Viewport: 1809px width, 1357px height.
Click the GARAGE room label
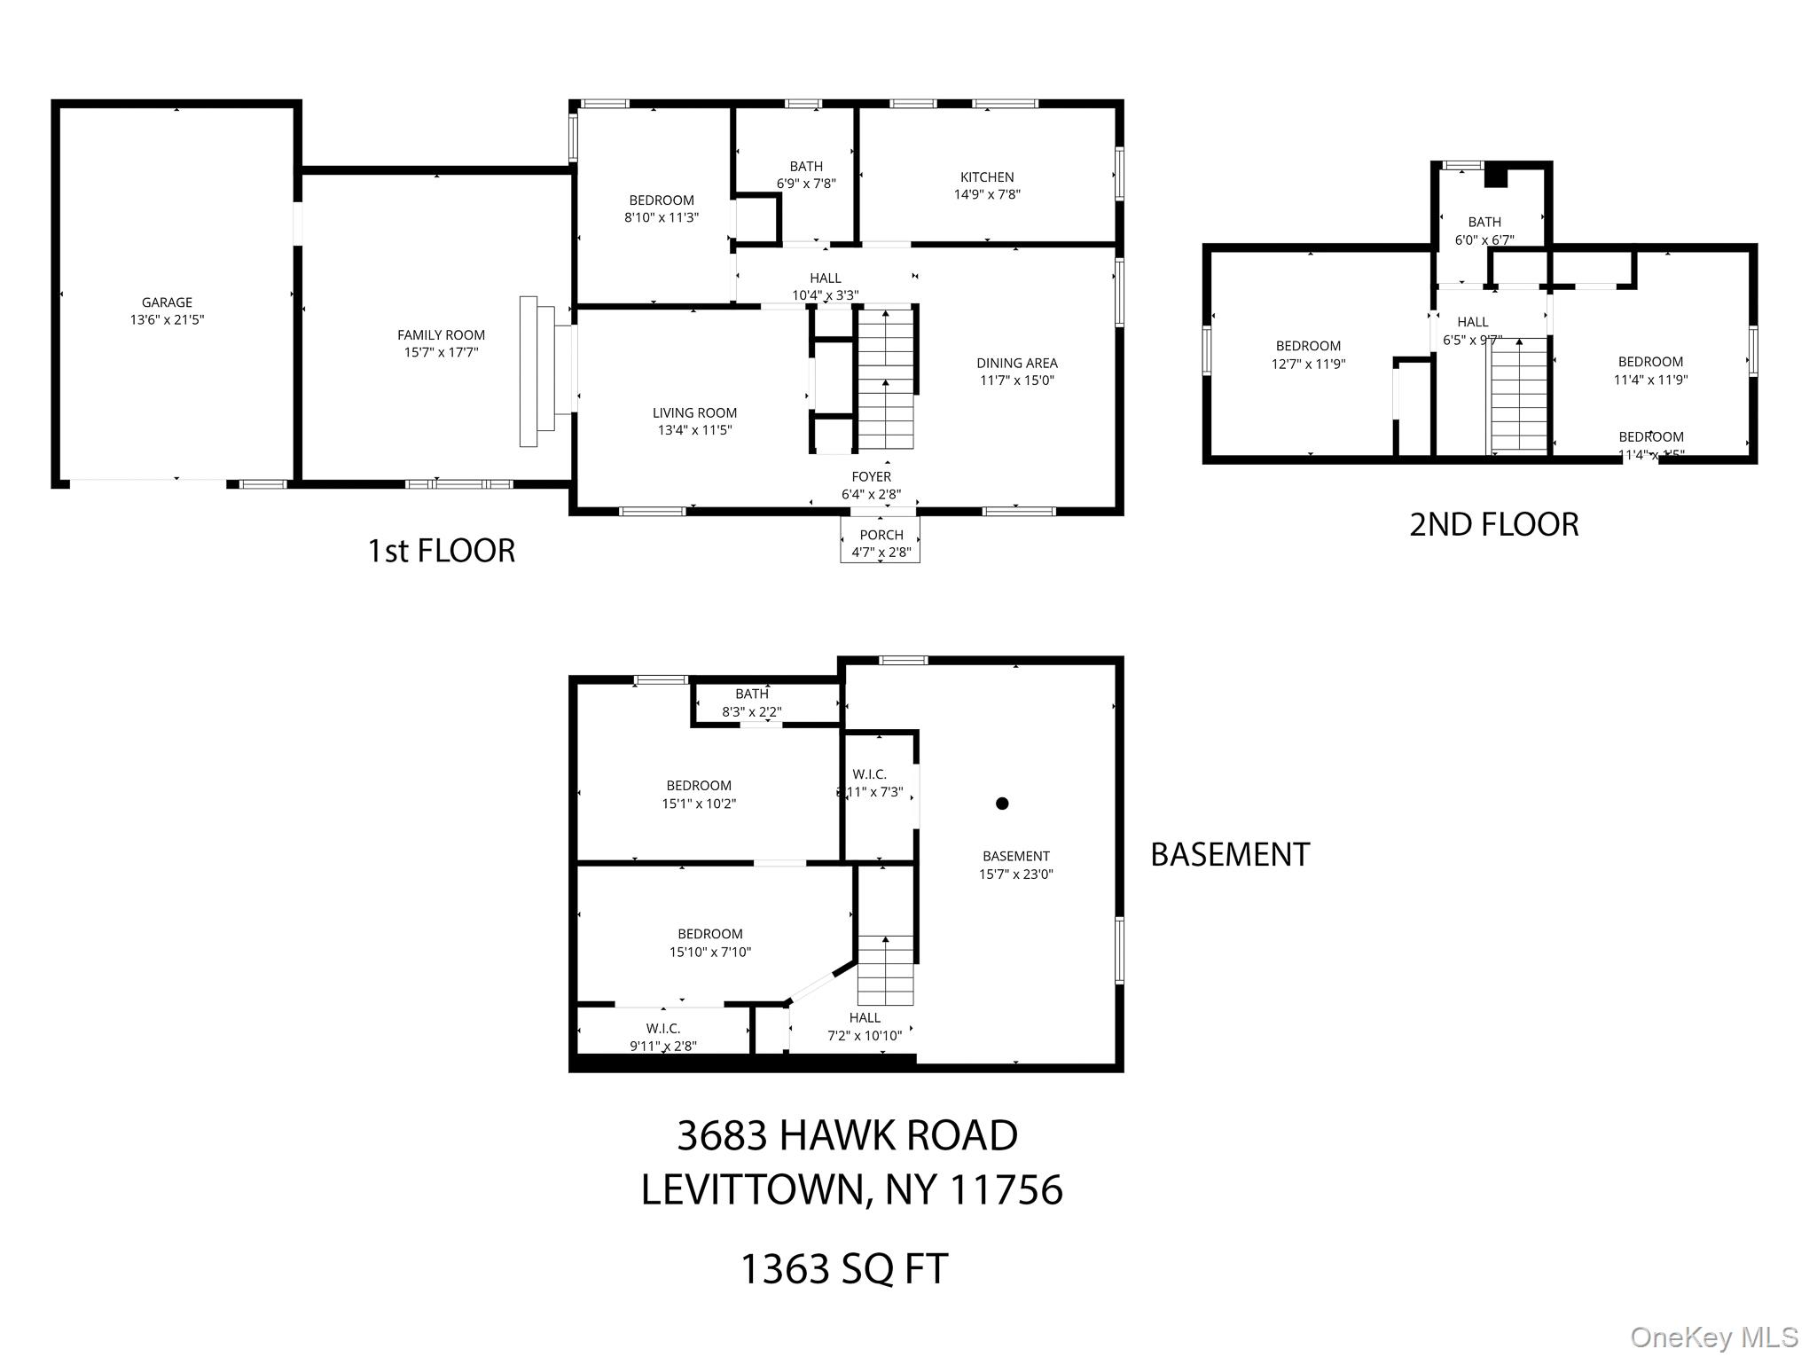click(167, 302)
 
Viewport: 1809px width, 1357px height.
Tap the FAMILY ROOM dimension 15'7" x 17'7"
click(441, 352)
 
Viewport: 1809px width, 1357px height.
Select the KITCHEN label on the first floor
click(987, 177)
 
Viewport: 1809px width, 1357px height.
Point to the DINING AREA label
click(1017, 363)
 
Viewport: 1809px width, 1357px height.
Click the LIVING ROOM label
click(694, 412)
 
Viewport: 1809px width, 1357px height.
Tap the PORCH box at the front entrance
click(881, 541)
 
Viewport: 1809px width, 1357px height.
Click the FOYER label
click(871, 477)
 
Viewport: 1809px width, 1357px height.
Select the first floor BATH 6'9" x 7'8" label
click(806, 175)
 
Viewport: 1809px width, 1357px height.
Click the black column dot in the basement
click(1002, 804)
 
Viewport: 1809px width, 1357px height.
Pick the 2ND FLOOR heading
click(1493, 524)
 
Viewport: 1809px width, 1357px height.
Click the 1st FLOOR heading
click(441, 551)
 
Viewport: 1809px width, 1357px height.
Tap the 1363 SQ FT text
click(844, 1268)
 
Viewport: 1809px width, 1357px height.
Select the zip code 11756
click(1006, 1189)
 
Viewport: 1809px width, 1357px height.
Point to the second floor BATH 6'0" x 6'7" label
click(1484, 231)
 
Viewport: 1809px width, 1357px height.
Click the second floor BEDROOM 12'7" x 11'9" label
click(1308, 354)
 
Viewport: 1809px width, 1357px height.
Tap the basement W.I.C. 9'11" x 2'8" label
click(663, 1037)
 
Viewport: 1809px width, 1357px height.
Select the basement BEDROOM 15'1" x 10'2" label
click(699, 795)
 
